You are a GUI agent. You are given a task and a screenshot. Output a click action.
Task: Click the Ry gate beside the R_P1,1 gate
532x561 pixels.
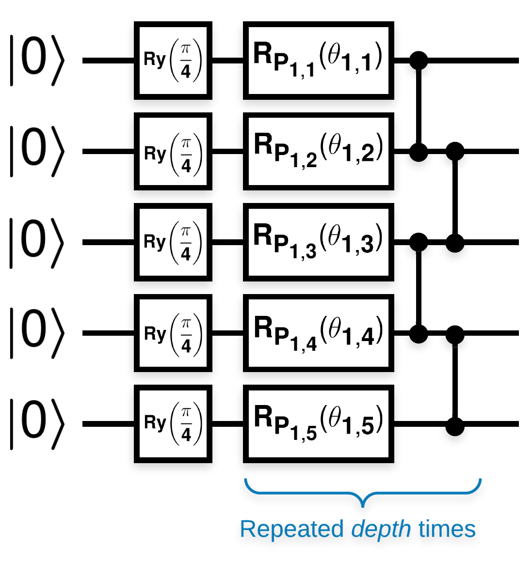(x=173, y=61)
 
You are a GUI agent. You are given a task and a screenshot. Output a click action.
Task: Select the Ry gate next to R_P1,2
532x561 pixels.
(x=173, y=151)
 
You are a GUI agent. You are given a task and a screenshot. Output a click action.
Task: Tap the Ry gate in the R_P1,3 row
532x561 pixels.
(x=173, y=242)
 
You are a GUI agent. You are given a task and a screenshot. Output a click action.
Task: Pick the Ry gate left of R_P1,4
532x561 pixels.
(x=173, y=333)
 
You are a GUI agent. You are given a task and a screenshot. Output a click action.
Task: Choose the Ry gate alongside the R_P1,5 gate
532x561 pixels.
(x=173, y=424)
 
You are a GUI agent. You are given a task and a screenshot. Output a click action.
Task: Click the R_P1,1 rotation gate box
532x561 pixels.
(x=318, y=61)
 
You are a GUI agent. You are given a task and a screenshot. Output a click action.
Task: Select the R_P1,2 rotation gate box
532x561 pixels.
(x=318, y=151)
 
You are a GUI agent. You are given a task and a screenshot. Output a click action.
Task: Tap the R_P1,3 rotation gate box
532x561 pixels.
(x=318, y=242)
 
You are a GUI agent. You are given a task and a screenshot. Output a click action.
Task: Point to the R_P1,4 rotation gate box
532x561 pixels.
(x=318, y=333)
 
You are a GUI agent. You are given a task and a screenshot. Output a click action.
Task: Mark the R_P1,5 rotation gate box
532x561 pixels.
(x=318, y=424)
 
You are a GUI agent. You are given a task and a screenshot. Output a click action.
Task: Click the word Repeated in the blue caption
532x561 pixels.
(x=291, y=529)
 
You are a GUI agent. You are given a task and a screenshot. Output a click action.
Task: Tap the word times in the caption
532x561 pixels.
(x=447, y=529)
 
